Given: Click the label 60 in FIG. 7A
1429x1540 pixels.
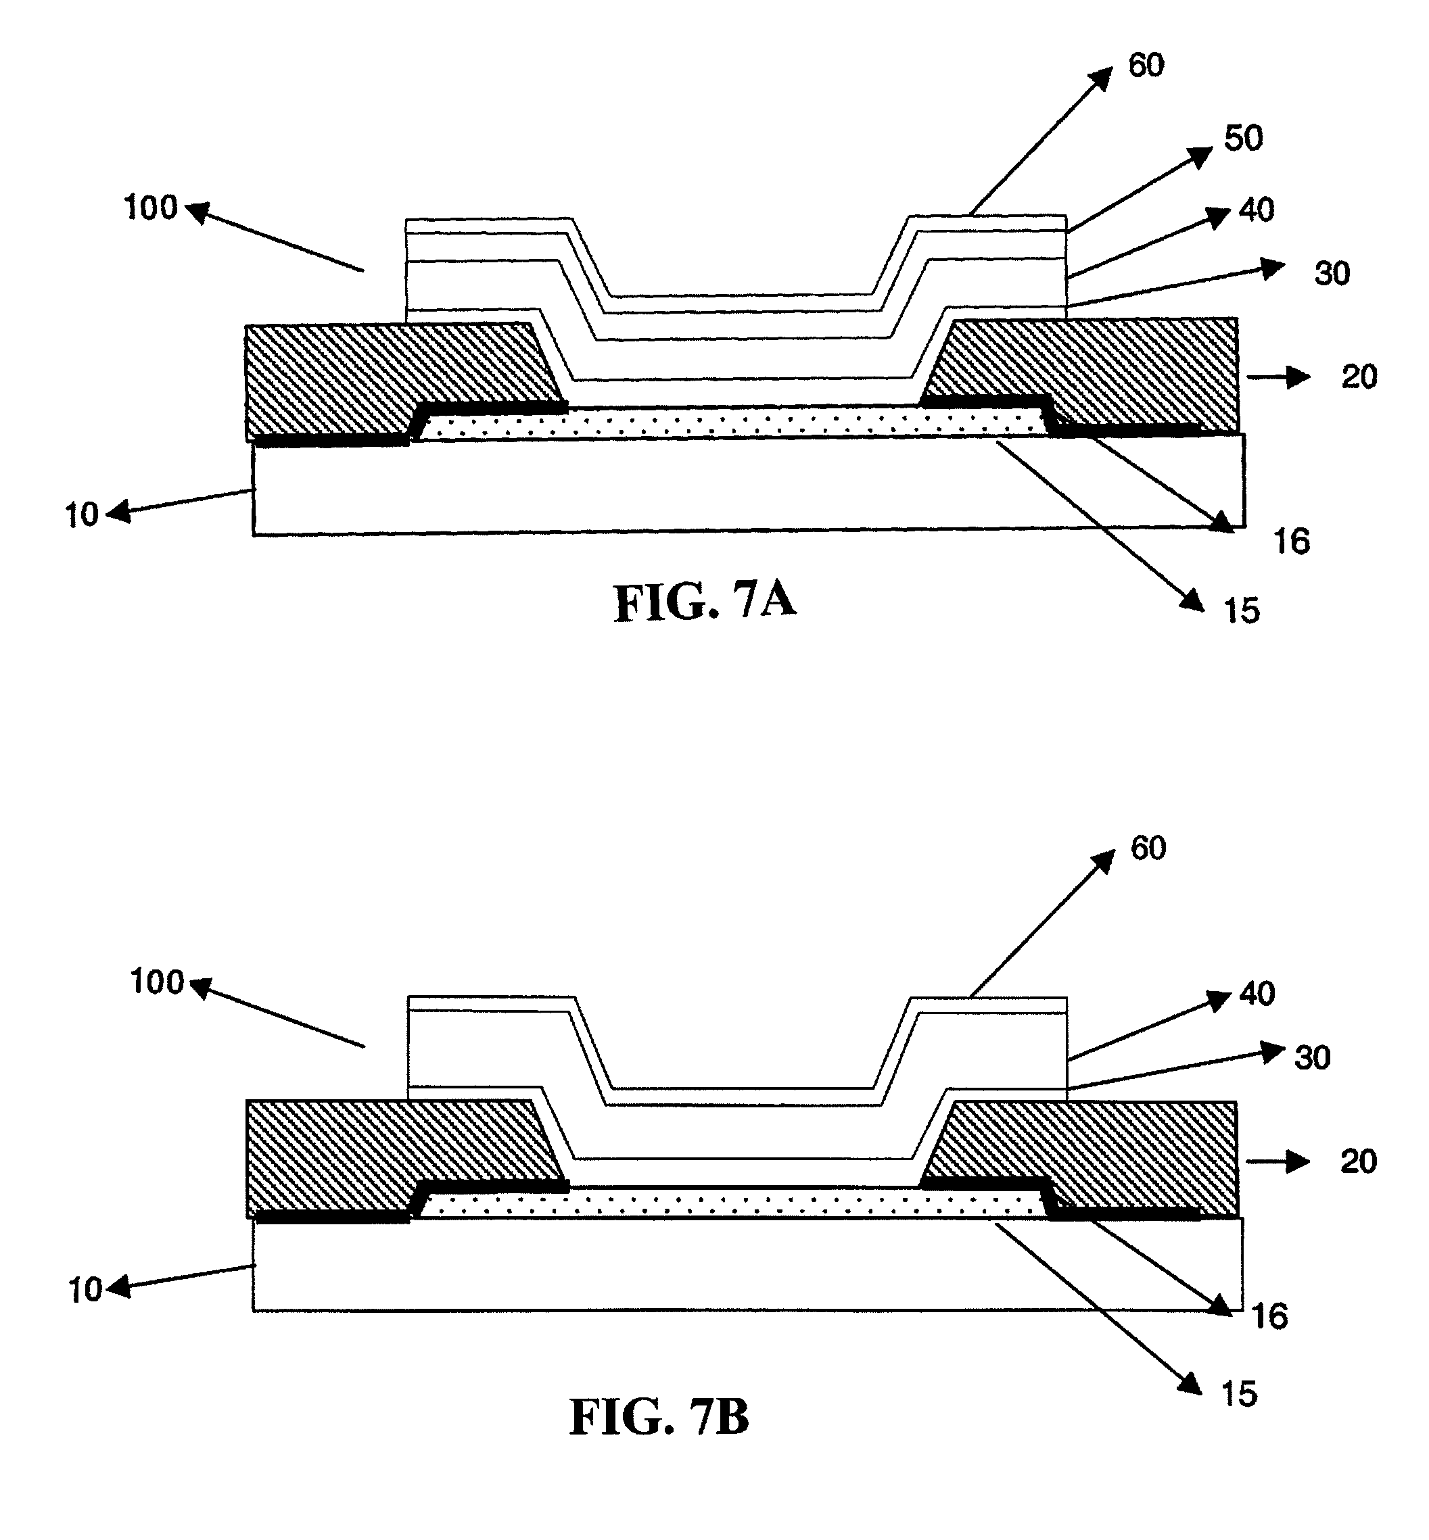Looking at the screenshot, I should pos(1146,66).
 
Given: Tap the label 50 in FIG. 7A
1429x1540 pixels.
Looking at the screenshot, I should pos(1242,139).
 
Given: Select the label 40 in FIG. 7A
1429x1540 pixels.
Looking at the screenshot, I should pos(1257,210).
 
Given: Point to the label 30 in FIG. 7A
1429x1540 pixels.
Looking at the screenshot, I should pos(1332,274).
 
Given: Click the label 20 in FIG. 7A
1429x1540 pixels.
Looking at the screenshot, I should pos(1359,377).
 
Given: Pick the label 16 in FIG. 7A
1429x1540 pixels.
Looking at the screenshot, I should pos(1291,543).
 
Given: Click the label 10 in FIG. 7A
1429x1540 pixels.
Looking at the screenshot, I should pos(81,515).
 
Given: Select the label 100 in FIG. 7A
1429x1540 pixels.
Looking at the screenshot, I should pos(151,208).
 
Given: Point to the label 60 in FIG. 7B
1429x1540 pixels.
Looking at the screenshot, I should pos(1148,849).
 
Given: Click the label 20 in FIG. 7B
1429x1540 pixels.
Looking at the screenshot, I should pos(1359,1162).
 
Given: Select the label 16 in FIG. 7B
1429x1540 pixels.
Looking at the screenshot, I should pos(1269,1317).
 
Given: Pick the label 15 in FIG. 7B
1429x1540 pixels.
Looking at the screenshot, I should pos(1239,1395).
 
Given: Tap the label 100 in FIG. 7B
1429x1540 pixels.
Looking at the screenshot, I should pos(157,982).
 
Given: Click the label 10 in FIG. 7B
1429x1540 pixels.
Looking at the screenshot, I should pos(85,1291).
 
